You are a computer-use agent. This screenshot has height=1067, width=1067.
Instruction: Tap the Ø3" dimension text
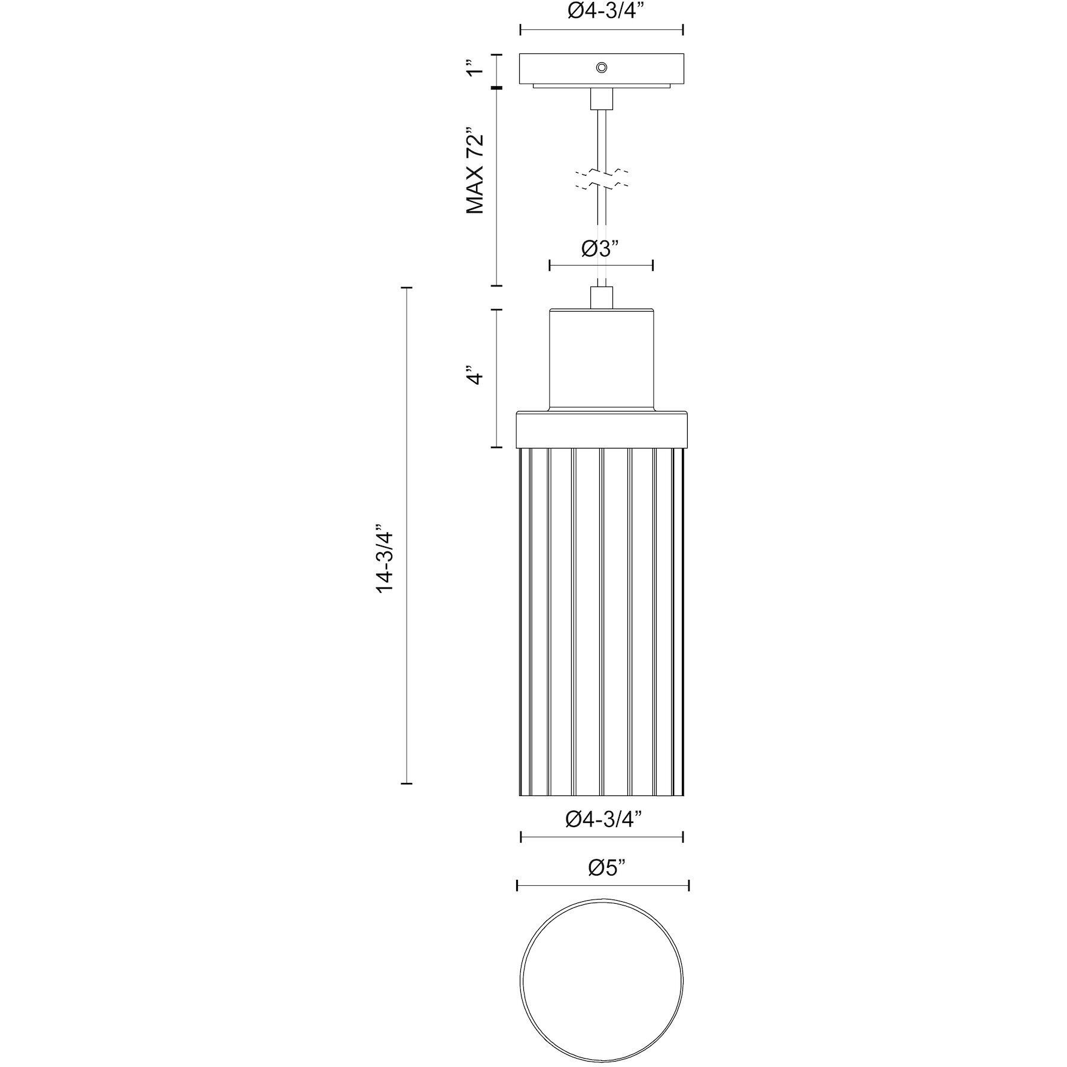pos(600,248)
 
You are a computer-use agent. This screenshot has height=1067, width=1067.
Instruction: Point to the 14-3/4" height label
pos(385,559)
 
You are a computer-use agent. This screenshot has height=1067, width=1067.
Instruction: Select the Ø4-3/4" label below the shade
pos(602,818)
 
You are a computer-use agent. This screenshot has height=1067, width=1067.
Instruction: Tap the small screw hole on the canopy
pos(601,68)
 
